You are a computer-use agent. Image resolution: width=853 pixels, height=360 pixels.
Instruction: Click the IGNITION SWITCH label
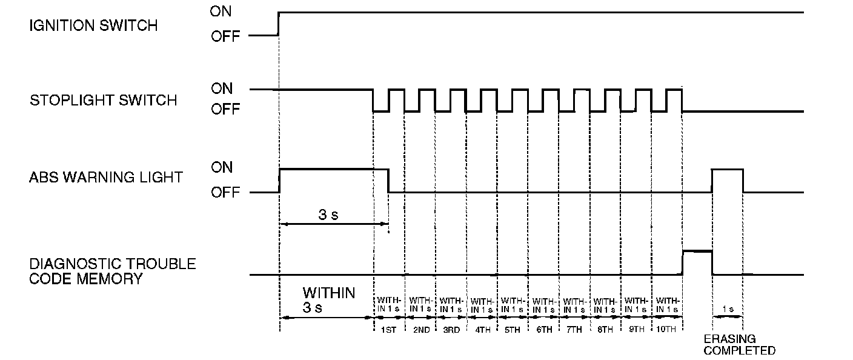point(93,25)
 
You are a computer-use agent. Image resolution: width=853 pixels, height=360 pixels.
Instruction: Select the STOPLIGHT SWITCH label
point(103,100)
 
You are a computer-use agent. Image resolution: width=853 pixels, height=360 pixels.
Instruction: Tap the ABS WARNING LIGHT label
point(106,178)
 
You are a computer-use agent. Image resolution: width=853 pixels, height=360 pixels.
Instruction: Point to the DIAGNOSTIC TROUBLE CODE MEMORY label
point(113,271)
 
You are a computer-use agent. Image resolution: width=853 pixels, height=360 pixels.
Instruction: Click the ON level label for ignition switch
point(221,11)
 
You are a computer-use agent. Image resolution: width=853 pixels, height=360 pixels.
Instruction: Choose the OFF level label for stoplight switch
point(225,110)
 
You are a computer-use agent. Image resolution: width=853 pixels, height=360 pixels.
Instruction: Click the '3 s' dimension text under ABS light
point(329,216)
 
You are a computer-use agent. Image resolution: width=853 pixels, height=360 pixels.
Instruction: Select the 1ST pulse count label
point(388,330)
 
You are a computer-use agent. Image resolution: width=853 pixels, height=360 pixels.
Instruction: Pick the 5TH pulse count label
point(512,330)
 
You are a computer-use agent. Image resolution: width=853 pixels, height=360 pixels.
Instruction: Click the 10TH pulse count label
point(667,330)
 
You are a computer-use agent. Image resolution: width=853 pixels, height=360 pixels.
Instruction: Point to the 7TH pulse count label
point(574,330)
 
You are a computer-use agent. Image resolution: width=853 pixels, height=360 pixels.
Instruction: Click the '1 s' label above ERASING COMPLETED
point(727,309)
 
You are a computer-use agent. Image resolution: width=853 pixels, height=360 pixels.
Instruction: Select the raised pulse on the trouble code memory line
point(697,251)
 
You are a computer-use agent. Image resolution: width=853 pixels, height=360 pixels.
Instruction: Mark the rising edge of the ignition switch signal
point(278,23)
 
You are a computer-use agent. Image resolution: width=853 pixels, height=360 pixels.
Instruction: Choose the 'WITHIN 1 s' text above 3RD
point(450,304)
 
